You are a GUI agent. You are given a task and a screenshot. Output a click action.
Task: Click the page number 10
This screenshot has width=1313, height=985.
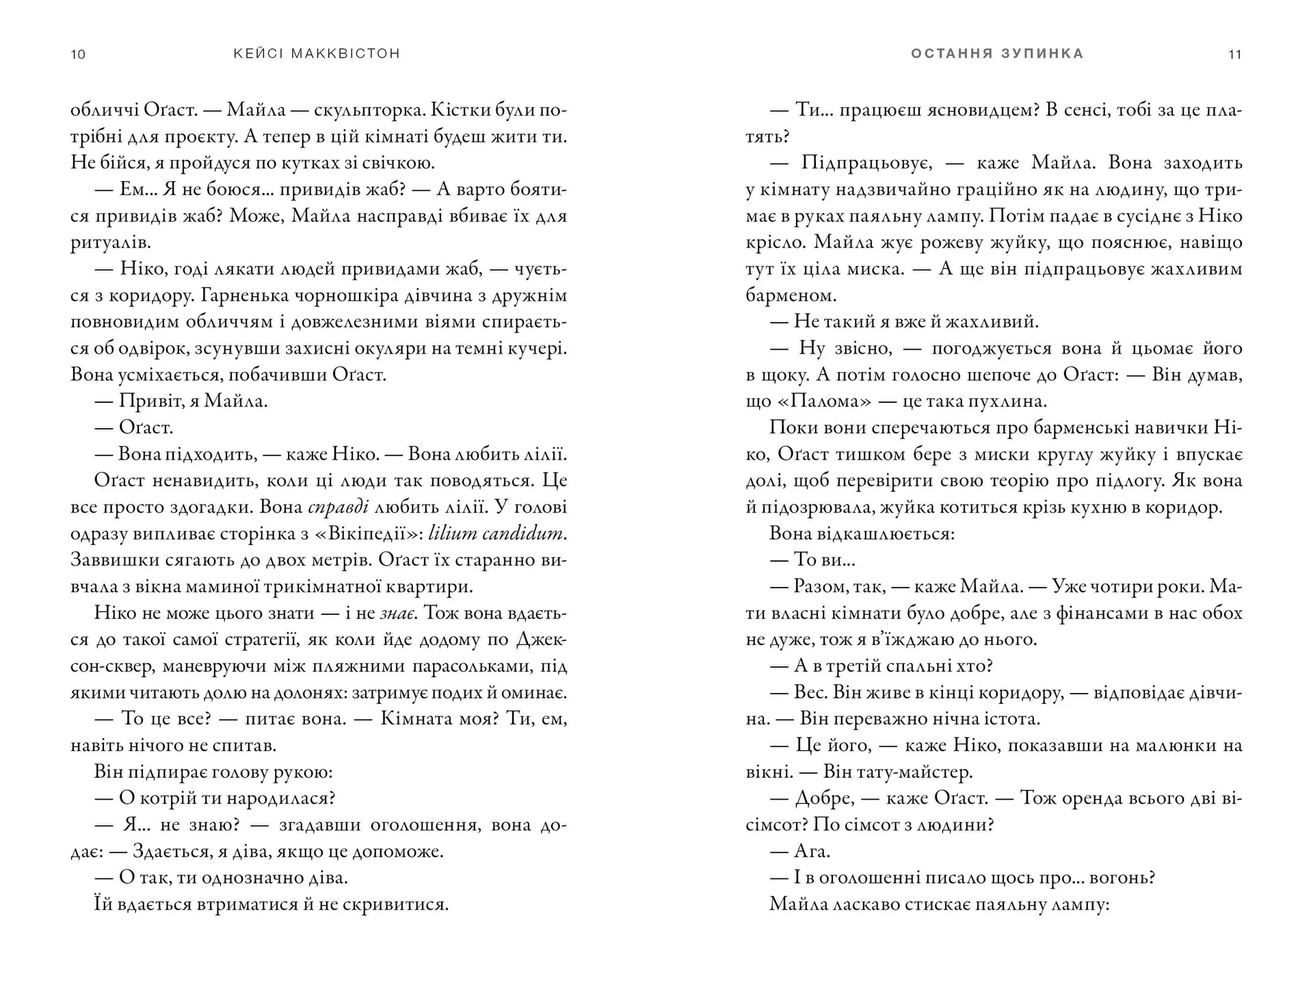[x=78, y=55]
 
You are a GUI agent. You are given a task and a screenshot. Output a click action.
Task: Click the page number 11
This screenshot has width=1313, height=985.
[x=1234, y=55]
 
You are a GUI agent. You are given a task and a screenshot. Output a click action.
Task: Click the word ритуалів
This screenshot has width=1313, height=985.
[x=111, y=243]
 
